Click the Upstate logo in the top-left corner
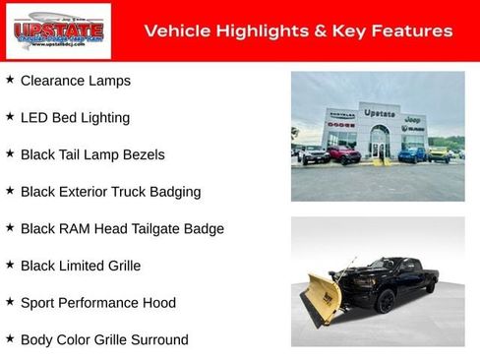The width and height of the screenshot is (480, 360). click(x=44, y=31)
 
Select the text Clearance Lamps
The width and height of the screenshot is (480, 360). click(x=75, y=81)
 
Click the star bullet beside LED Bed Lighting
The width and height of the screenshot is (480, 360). click(x=10, y=116)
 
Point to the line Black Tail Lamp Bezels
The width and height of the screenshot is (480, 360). click(x=92, y=154)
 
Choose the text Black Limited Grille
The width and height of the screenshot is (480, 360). click(x=81, y=266)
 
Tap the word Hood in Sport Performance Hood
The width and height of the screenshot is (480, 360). click(x=158, y=303)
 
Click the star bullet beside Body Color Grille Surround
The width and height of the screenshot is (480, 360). click(x=10, y=338)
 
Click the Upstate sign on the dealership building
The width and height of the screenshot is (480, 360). click(x=379, y=113)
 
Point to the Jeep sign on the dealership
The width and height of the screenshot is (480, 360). click(x=413, y=119)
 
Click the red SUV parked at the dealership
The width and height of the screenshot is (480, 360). click(x=344, y=155)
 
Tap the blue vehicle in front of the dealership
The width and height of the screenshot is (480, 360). click(x=412, y=154)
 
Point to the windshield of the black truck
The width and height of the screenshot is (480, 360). click(x=392, y=266)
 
